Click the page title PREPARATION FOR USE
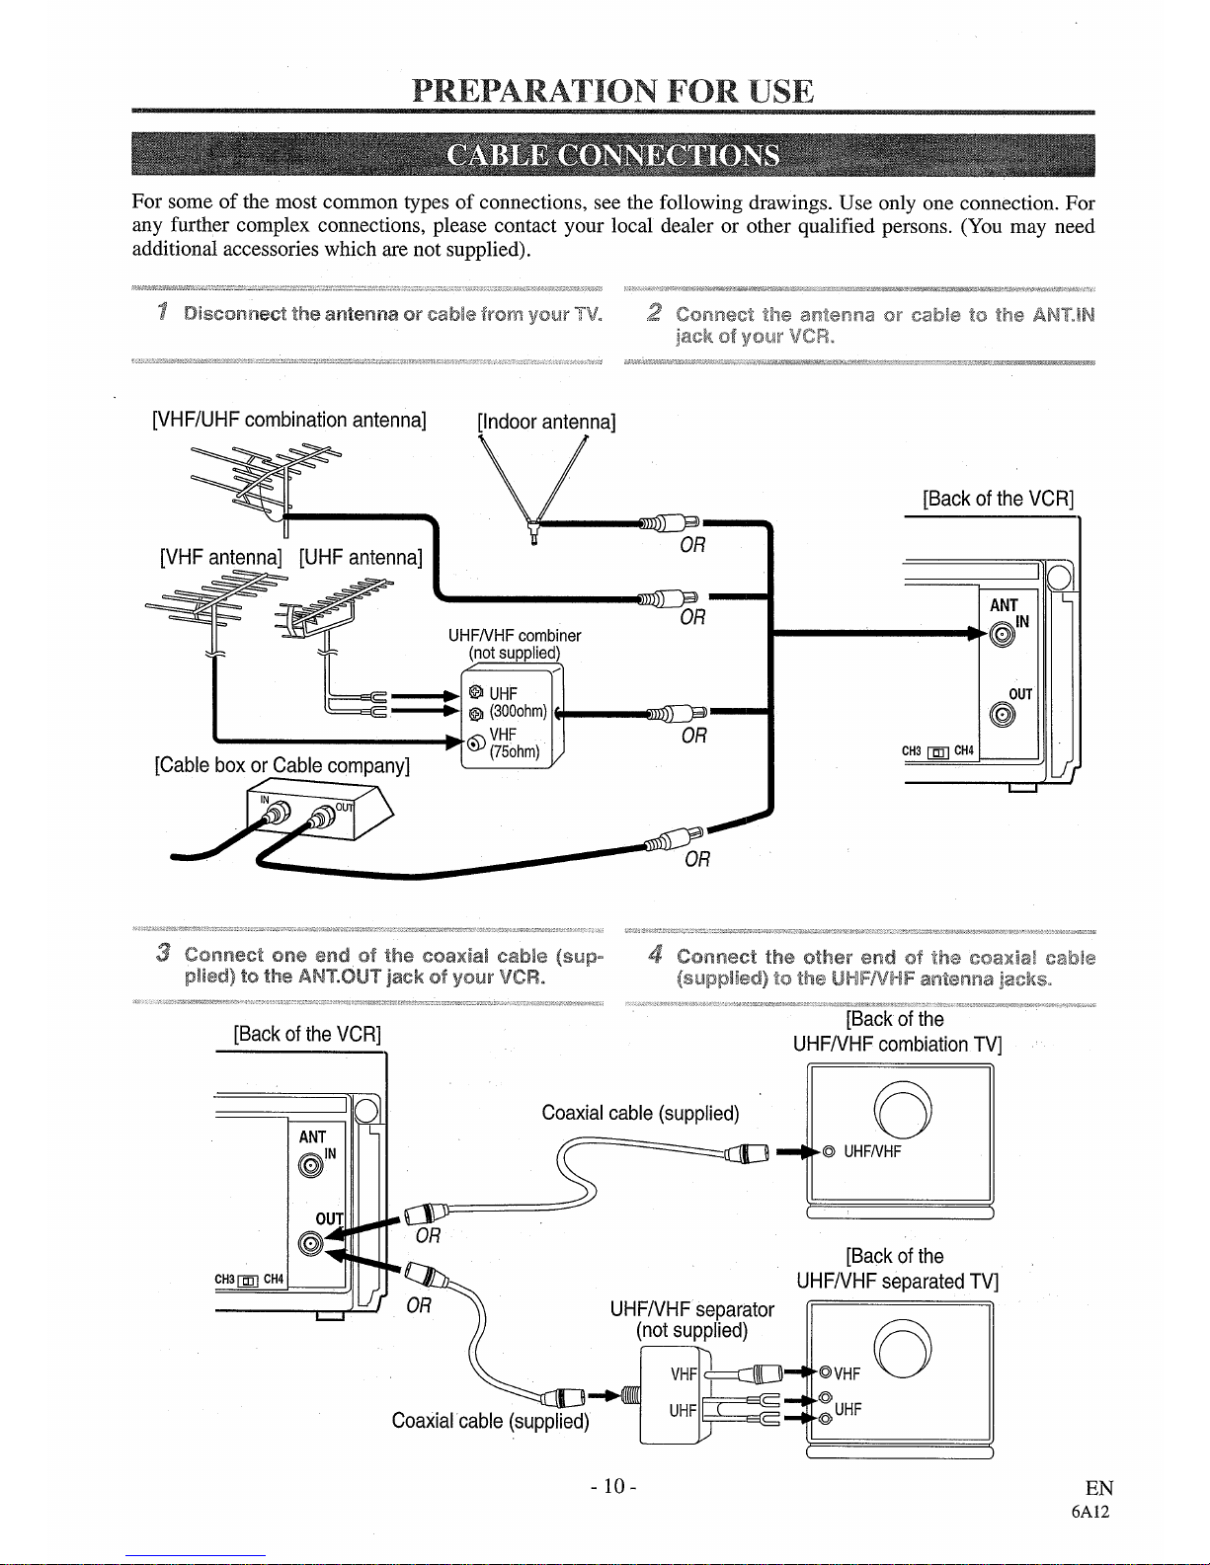(613, 91)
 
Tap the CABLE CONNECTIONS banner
(613, 157)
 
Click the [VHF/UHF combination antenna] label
(288, 420)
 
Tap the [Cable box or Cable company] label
(282, 765)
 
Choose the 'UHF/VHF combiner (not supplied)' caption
(514, 644)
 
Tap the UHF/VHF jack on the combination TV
(829, 1151)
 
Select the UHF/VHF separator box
(676, 1393)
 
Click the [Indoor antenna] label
(546, 423)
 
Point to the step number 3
(163, 954)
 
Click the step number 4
(655, 955)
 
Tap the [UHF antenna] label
(361, 557)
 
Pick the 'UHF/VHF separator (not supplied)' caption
(691, 1319)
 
